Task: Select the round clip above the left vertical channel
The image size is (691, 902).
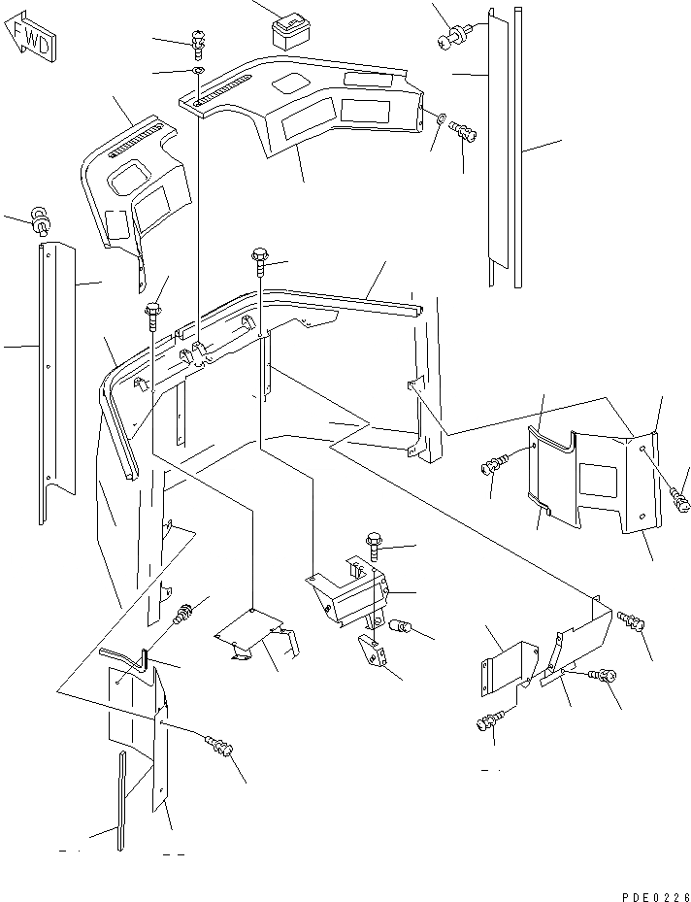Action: point(41,219)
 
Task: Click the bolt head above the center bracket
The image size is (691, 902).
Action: point(375,540)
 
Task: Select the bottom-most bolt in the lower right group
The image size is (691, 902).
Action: point(491,721)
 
